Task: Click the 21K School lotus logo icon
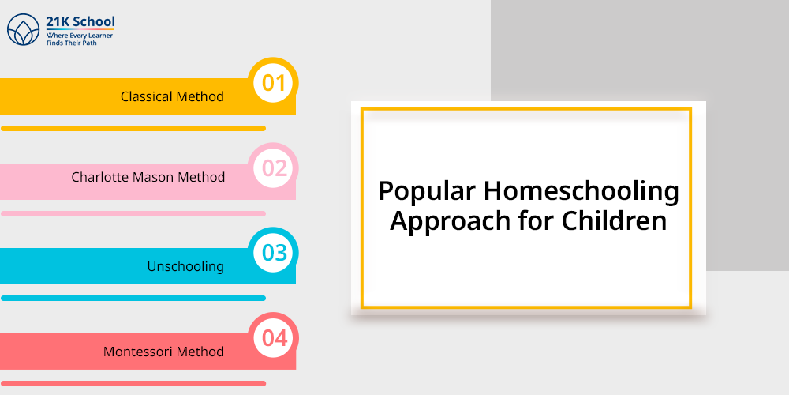coord(23,30)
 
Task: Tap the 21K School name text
coord(80,22)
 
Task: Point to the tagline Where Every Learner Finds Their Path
coord(79,39)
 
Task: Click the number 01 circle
coord(274,83)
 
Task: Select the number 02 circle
coord(274,168)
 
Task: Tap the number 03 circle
coord(274,253)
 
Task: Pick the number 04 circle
coord(274,338)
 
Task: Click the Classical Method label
coord(172,96)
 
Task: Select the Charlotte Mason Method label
coord(148,177)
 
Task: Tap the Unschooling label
coord(185,266)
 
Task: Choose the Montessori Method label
coord(163,352)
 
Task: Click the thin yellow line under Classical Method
coord(133,129)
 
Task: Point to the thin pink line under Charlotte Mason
coord(133,213)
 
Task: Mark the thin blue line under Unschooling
coord(133,299)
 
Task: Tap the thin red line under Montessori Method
coord(133,383)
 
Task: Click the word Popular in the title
coord(427,193)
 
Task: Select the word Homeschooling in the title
coord(581,193)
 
